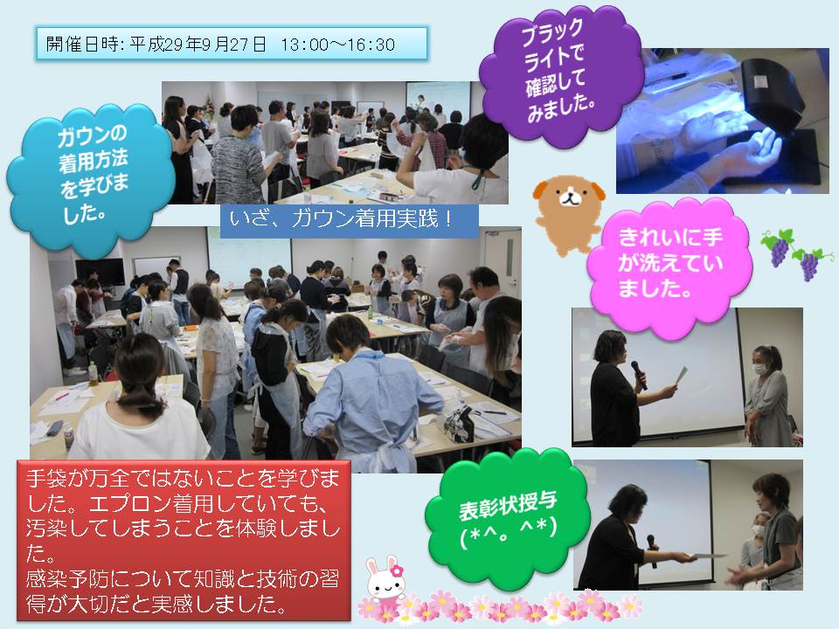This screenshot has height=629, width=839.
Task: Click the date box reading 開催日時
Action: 232,44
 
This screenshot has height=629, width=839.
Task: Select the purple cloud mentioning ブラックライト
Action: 559,75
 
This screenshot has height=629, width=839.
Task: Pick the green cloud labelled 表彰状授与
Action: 507,518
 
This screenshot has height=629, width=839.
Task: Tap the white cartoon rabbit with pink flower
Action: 385,580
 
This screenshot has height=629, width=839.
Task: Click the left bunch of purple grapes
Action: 778,247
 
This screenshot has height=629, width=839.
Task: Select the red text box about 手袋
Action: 184,540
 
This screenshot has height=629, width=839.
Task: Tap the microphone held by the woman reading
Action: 638,374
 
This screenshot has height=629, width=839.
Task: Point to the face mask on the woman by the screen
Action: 759,369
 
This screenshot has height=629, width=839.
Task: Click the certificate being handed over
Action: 706,556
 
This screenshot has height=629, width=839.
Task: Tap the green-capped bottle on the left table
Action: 94,373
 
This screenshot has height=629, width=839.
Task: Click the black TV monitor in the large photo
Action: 100,272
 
